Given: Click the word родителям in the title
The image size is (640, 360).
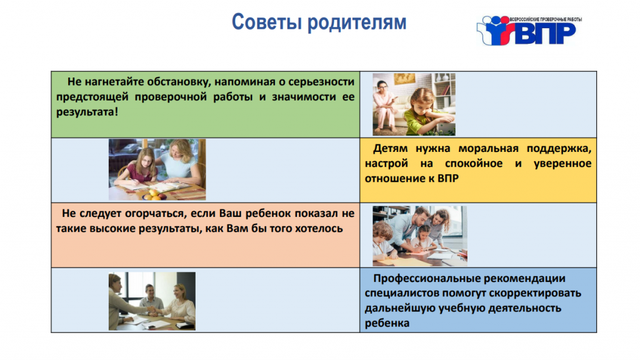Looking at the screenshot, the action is coord(357,23).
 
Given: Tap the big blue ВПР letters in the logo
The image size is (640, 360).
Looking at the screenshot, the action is coord(546,34).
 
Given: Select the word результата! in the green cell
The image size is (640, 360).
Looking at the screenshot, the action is coord(87,112).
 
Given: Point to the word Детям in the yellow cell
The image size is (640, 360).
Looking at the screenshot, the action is coord(390,149).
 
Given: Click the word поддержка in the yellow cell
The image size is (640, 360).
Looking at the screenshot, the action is coord(559,149).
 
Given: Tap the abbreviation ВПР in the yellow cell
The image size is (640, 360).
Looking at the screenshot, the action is coord(448,178).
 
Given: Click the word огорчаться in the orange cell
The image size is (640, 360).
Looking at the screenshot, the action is coord(156,214).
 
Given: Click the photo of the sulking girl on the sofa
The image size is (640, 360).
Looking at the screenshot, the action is coord(414,104).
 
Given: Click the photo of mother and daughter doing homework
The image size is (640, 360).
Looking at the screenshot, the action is coord(157,169).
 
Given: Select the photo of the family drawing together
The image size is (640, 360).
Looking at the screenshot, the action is coord(420,236).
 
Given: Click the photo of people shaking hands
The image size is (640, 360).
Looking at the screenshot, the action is coord(152,301).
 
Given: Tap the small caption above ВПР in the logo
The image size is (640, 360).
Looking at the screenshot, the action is coord(546,19).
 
